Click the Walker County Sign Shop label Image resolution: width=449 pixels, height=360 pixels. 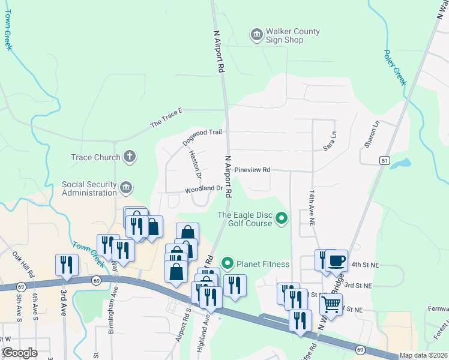click(x=294, y=35)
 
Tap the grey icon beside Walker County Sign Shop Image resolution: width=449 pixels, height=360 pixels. click(x=256, y=35)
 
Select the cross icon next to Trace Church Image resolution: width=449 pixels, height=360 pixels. click(x=129, y=157)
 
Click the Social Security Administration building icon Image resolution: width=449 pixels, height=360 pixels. click(x=126, y=188)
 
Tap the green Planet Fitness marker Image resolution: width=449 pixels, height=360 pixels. click(x=228, y=263)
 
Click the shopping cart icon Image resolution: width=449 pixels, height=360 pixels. click(x=331, y=304)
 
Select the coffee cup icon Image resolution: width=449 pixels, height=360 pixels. click(x=337, y=260)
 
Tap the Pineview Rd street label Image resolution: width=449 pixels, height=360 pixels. click(x=252, y=170)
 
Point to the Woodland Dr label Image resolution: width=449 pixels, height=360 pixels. click(x=203, y=188)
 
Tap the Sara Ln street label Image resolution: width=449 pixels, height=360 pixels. click(x=328, y=140)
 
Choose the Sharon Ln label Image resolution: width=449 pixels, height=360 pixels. click(x=372, y=135)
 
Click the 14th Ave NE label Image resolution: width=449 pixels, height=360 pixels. click(x=312, y=209)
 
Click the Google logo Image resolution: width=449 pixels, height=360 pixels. click(x=19, y=353)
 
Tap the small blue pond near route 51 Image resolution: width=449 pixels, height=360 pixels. click(x=403, y=163)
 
